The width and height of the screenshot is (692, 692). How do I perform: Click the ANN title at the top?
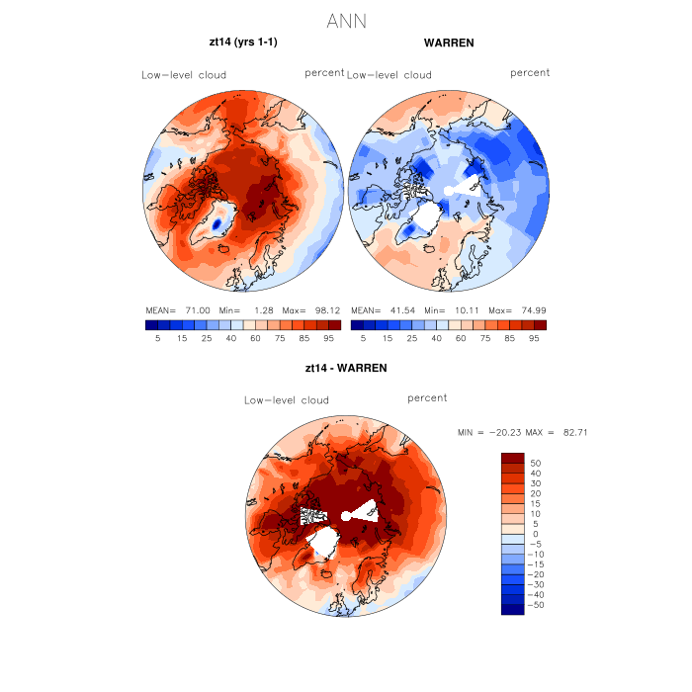click(346, 21)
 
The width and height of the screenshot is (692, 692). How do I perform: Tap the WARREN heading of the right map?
click(449, 43)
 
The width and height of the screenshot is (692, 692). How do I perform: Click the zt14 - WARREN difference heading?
click(346, 368)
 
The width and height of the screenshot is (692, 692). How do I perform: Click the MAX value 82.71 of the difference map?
click(573, 433)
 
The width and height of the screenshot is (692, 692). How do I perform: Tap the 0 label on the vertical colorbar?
click(536, 534)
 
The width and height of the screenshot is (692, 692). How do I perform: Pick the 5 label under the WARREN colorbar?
click(364, 338)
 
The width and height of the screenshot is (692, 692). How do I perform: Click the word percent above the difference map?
click(427, 397)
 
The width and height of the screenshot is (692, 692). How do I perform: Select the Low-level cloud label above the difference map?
click(287, 400)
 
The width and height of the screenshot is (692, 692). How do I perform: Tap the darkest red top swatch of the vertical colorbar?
click(512, 458)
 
